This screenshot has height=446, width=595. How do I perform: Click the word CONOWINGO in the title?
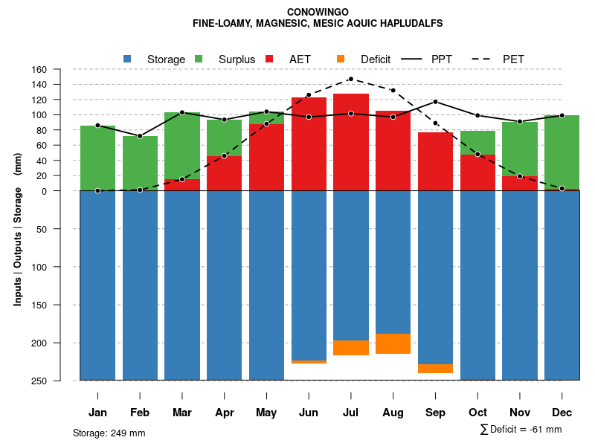click(x=317, y=12)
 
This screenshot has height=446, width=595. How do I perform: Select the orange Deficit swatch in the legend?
click(x=341, y=59)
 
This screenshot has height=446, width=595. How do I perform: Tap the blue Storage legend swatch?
click(x=127, y=59)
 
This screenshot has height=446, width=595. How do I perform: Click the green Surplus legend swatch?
click(x=199, y=59)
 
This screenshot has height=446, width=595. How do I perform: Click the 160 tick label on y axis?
click(x=59, y=70)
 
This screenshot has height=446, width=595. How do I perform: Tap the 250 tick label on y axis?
click(x=59, y=381)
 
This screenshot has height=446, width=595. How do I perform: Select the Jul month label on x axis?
click(x=351, y=413)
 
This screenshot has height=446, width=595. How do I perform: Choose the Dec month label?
click(x=562, y=413)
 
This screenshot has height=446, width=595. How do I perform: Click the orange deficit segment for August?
click(x=393, y=343)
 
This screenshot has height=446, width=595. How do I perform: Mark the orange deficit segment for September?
click(x=435, y=368)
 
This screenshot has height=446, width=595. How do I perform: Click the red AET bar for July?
click(x=351, y=142)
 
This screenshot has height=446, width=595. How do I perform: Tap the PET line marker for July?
click(x=351, y=79)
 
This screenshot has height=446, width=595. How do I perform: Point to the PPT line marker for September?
click(x=435, y=101)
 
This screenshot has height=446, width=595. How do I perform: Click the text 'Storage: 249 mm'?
click(x=109, y=433)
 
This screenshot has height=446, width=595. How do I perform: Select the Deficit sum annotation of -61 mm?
click(x=521, y=430)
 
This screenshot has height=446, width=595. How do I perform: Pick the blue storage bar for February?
click(x=140, y=285)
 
